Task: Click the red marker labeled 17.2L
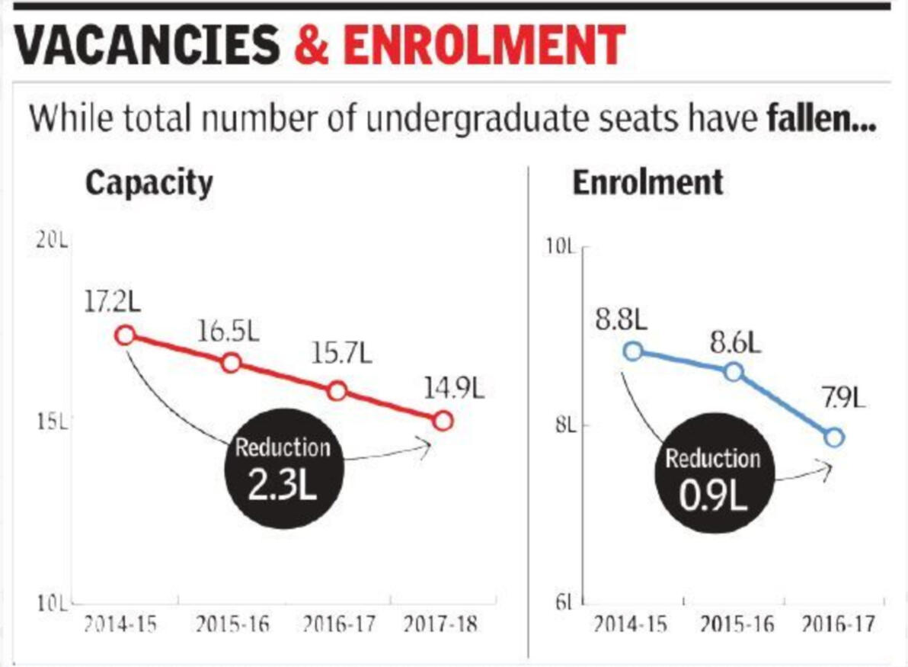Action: click(126, 335)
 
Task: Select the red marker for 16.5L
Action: click(232, 363)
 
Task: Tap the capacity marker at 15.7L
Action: click(337, 391)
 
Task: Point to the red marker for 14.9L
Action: click(443, 420)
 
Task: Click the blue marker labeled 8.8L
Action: click(633, 351)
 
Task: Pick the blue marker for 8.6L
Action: click(734, 372)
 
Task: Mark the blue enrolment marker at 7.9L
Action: click(835, 437)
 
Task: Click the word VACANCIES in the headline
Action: click(148, 45)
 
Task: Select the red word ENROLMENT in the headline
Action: click(484, 45)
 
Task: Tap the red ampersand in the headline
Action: click(312, 45)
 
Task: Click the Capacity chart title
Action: click(149, 184)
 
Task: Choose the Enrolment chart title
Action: click(648, 184)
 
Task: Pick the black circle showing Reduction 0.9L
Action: click(713, 479)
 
